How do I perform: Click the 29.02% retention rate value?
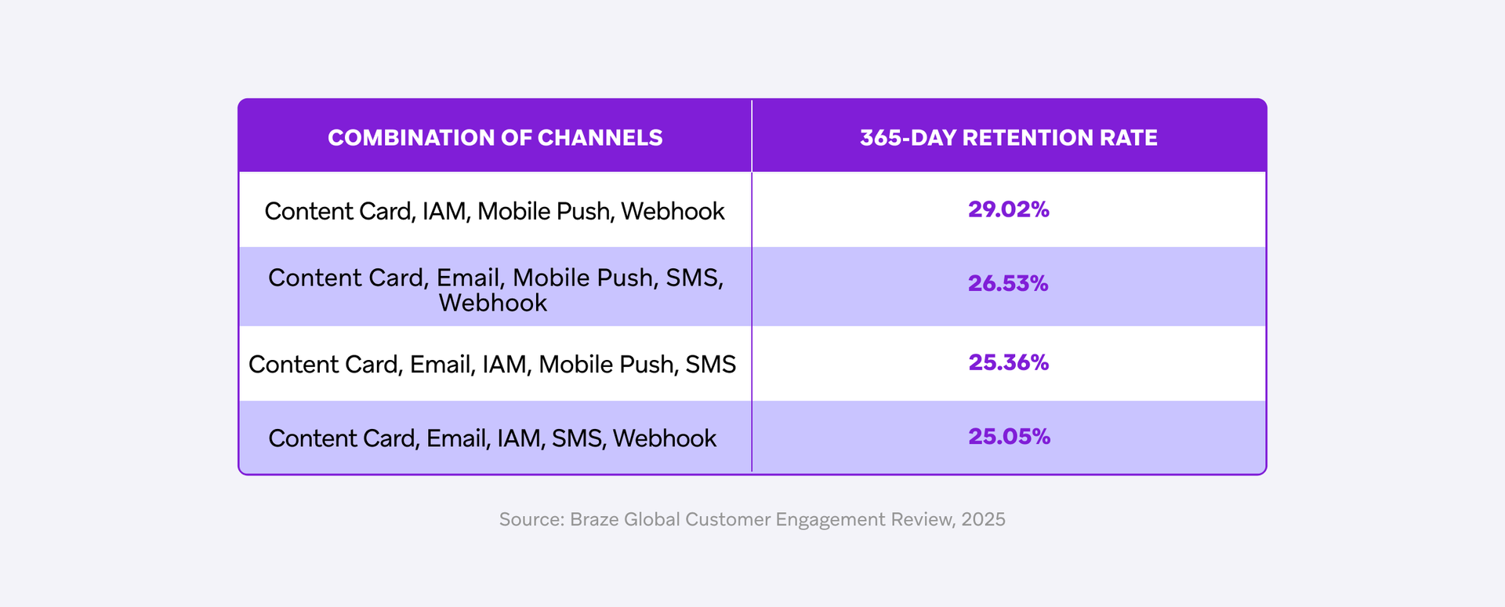1008,209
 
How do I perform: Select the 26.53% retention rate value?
1007,283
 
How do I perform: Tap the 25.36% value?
1008,362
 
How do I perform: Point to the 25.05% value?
1009,436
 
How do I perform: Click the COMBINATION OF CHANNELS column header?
495,138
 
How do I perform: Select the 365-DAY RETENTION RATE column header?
1008,138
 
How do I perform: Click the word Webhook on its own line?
492,303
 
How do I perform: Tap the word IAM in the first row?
444,212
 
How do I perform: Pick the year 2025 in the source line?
983,519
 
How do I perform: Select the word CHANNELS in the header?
600,138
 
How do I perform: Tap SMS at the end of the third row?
710,365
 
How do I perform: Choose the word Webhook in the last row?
664,438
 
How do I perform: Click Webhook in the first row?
673,212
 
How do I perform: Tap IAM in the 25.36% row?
505,365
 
